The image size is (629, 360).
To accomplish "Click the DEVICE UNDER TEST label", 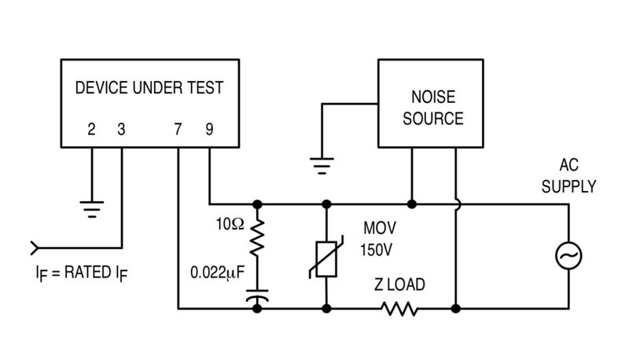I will click(149, 88).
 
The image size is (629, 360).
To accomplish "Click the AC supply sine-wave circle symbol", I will click(568, 255).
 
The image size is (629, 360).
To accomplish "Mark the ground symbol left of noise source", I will click(319, 166).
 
